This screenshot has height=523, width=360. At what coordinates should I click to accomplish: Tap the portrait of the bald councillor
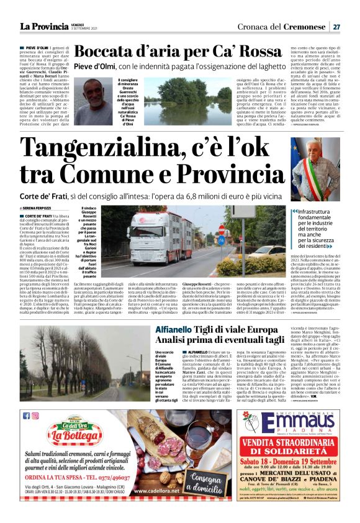click(89, 101)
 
